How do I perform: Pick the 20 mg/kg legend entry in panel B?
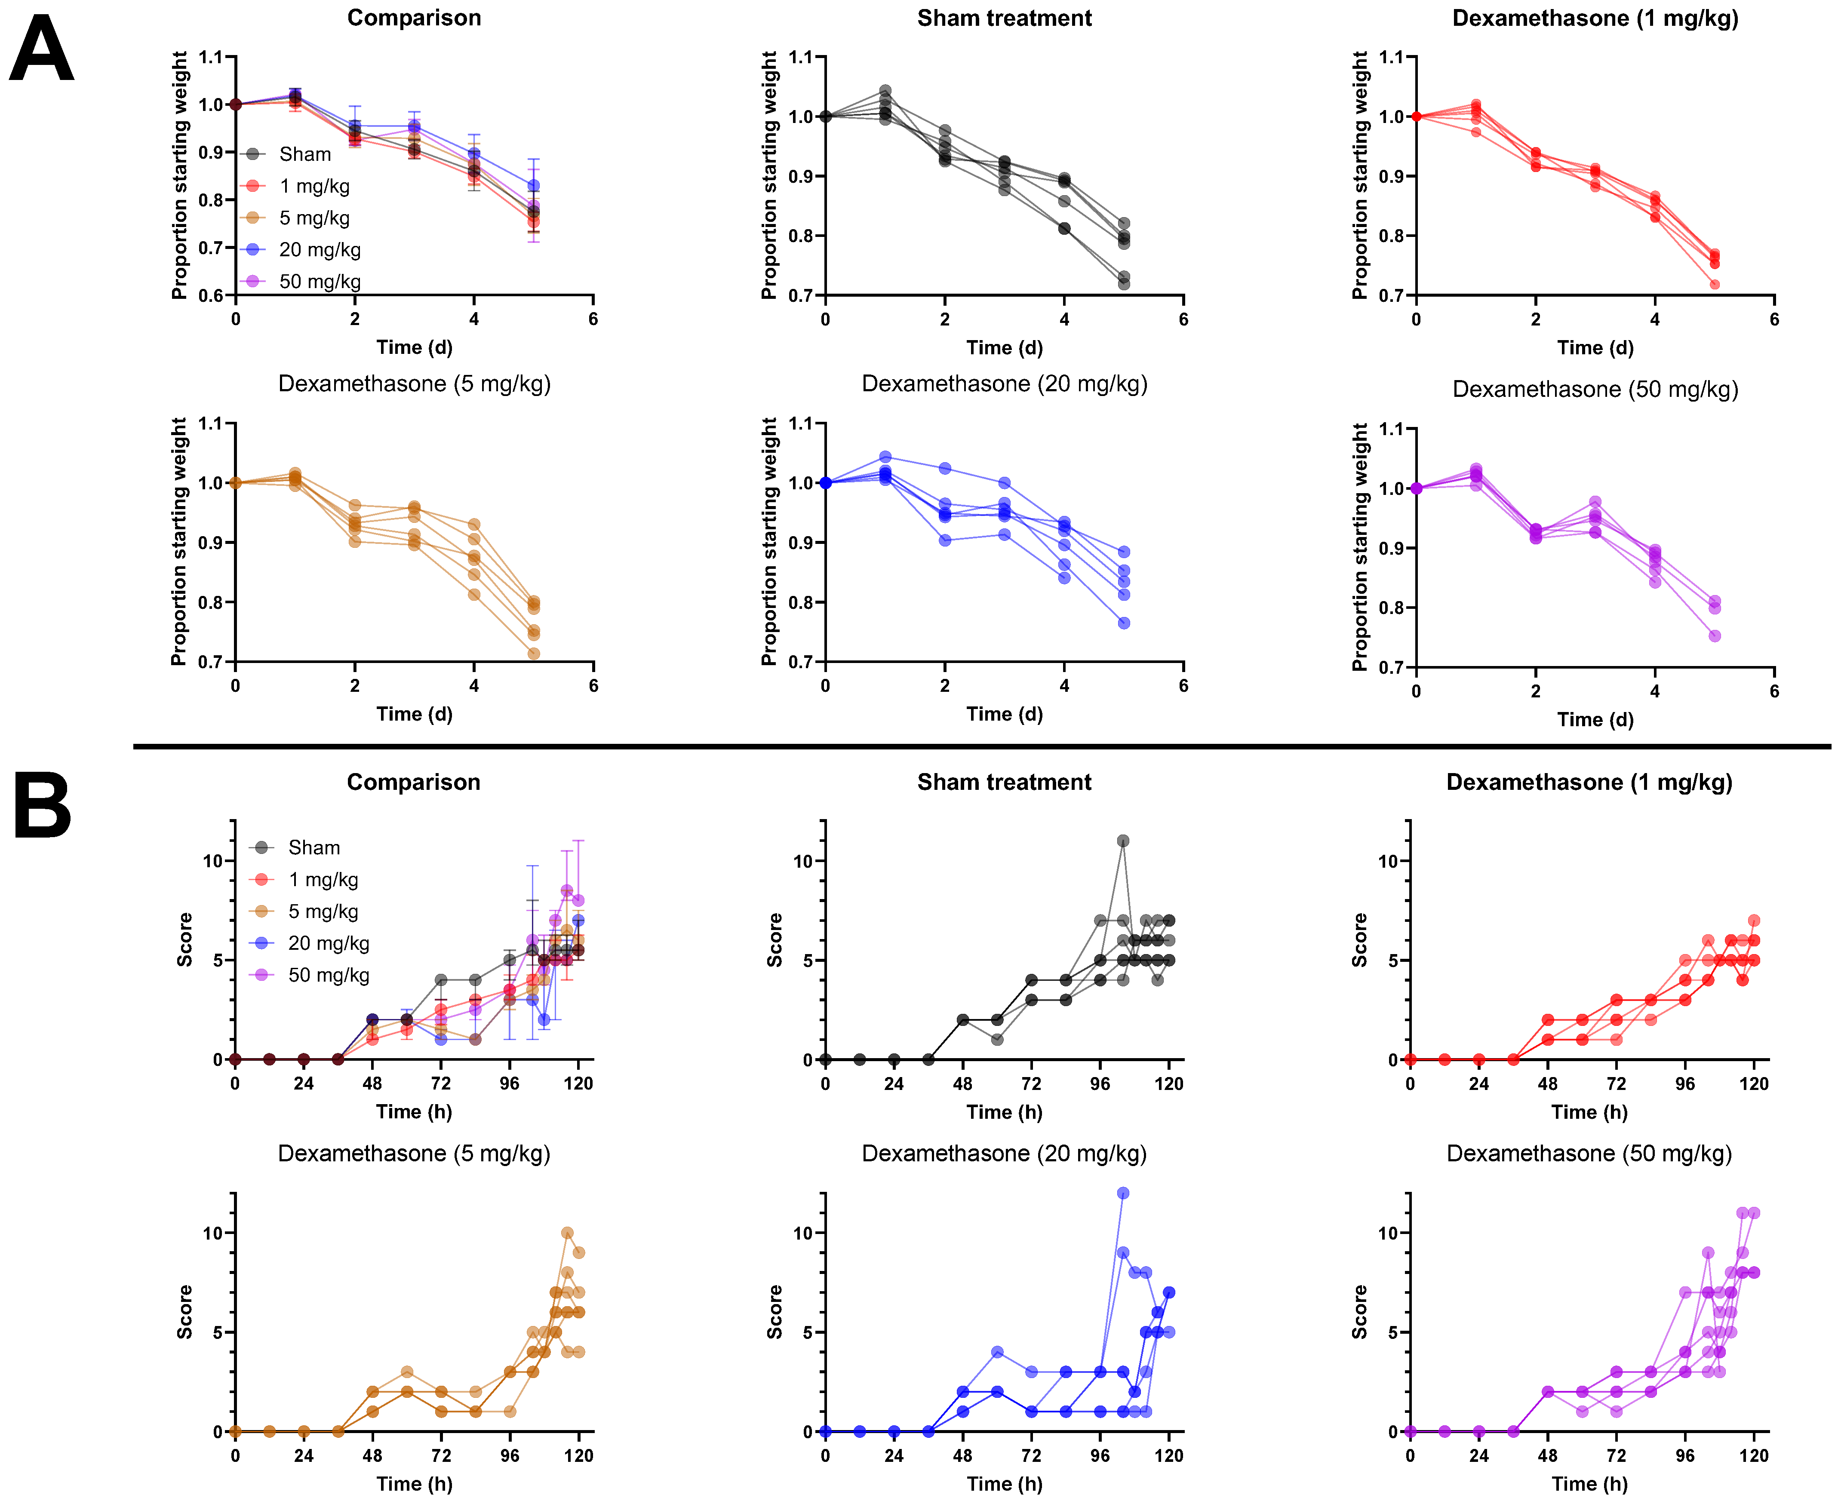[328, 943]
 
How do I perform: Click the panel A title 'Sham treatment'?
[1004, 18]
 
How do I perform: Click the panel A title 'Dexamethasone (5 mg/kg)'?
[414, 384]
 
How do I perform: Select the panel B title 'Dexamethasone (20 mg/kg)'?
[1004, 1154]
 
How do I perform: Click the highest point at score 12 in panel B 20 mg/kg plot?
[1122, 1193]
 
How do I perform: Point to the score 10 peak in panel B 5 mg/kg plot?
[567, 1233]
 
